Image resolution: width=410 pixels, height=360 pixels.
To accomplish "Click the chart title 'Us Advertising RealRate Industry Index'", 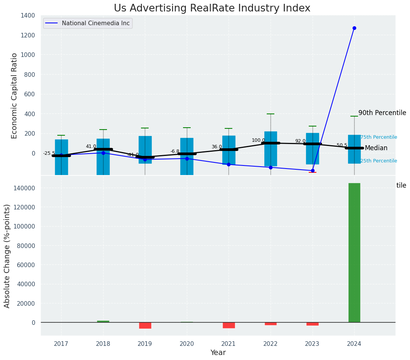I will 212,8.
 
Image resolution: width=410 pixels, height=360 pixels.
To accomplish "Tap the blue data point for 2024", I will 354,28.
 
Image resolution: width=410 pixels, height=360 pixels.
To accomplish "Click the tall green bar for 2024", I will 354,252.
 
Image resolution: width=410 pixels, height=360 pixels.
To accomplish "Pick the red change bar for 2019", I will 145,325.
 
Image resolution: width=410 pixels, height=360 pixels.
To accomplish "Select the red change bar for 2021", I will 229,325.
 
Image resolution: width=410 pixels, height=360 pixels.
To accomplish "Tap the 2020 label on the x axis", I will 187,344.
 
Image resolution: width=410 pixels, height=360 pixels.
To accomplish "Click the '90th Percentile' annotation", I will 382,113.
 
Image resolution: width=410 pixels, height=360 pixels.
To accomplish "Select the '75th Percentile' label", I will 379,137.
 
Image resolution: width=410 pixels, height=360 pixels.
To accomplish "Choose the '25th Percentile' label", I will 379,161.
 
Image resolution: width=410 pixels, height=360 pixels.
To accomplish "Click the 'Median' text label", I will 376,148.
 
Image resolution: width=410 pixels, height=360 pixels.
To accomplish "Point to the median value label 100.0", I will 258,140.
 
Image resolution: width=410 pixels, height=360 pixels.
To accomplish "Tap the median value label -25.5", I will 49,153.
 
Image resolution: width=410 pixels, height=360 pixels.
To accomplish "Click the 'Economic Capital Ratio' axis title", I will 15,96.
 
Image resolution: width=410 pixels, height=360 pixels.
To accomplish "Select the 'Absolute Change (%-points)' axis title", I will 7,256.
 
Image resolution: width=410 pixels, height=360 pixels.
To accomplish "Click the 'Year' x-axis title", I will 218,353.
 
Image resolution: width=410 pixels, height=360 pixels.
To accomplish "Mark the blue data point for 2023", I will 313,170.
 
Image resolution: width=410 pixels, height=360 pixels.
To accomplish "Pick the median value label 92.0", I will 300,141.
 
